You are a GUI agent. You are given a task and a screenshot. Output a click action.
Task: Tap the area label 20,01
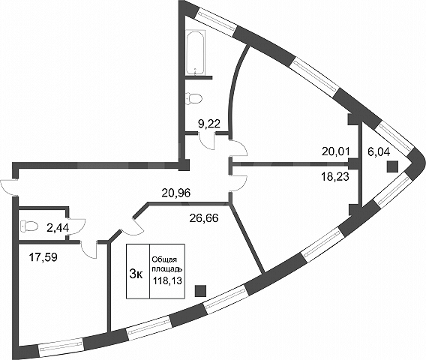pos(336,151)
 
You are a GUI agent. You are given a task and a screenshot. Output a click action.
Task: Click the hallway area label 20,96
pos(176,193)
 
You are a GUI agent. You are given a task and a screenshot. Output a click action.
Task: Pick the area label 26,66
pos(204,218)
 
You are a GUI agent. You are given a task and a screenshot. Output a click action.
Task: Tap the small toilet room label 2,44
pos(58,228)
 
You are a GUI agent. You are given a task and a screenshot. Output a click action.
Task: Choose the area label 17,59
pos(43,257)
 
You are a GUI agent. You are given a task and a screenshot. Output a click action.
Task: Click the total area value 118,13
pos(167,280)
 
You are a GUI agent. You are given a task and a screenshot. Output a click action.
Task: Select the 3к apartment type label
pos(136,274)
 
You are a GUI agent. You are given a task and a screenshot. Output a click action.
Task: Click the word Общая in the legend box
pos(164,259)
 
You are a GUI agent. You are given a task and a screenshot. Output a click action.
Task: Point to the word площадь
pos(166,269)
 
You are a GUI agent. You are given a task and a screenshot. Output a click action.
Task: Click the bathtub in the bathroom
pos(196,53)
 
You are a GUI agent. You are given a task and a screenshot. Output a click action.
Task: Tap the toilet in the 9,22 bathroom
pos(193,98)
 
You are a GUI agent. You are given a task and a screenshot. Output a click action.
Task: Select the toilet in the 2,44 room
pos(28,226)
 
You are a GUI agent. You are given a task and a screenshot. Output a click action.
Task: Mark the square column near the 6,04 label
pos(392,166)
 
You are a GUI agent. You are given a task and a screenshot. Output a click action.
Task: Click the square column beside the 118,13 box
pos(200,291)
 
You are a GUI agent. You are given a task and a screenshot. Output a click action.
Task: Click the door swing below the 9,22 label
pos(207,141)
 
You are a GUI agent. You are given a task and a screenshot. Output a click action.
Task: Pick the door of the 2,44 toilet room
pos(76,227)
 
